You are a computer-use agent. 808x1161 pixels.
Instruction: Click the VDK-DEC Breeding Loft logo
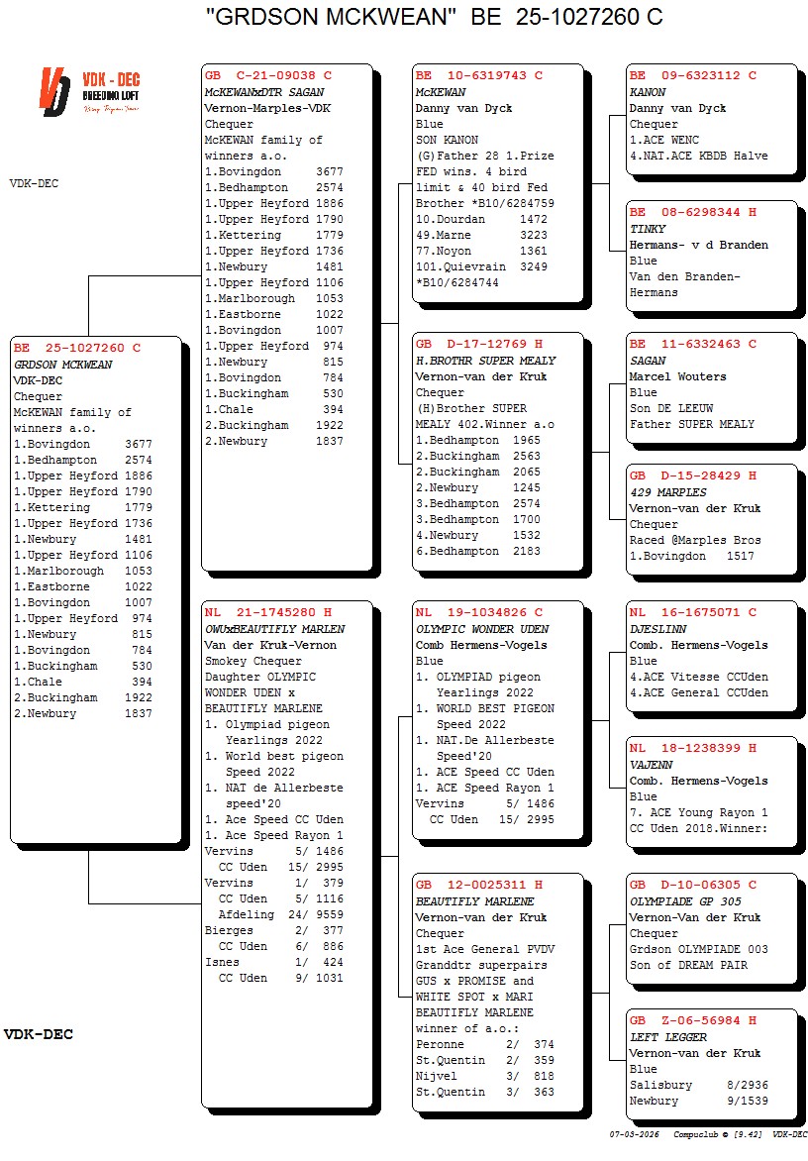pyautogui.click(x=89, y=90)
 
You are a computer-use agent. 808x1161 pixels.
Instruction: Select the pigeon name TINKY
pyautogui.click(x=648, y=229)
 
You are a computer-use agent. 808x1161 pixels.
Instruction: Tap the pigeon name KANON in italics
pyautogui.click(x=648, y=92)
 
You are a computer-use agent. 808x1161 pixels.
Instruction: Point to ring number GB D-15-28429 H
pyautogui.click(x=692, y=475)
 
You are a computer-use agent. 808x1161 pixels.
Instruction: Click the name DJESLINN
pyautogui.click(x=658, y=629)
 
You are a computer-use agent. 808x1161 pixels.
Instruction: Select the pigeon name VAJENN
pyautogui.click(x=651, y=765)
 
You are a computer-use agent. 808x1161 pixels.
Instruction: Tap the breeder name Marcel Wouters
pyautogui.click(x=677, y=376)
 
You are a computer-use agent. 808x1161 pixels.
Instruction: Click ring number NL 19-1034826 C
pyautogui.click(x=478, y=613)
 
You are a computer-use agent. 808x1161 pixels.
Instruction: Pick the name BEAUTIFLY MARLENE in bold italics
pyautogui.click(x=474, y=901)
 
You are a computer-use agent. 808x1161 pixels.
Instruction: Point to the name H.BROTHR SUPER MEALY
pyautogui.click(x=485, y=361)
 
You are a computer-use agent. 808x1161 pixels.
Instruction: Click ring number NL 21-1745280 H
pyautogui.click(x=267, y=613)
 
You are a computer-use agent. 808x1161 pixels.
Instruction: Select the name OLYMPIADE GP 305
pyautogui.click(x=685, y=901)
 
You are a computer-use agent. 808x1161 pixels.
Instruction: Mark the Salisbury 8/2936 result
pyautogui.click(x=698, y=1085)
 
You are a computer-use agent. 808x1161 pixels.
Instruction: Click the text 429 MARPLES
pyautogui.click(x=668, y=492)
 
